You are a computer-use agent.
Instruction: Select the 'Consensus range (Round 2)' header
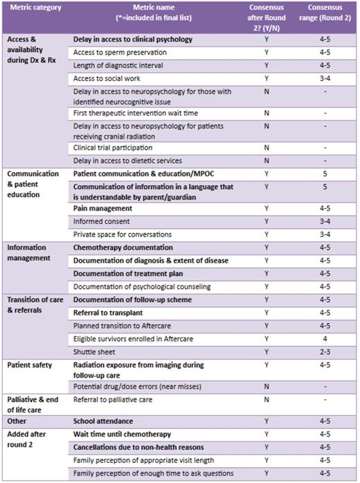(x=325, y=13)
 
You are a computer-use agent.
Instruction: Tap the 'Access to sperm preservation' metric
(x=120, y=52)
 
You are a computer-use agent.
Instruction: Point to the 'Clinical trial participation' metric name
(x=113, y=148)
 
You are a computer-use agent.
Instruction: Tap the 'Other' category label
(x=17, y=421)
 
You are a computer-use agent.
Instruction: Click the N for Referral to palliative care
(x=267, y=400)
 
